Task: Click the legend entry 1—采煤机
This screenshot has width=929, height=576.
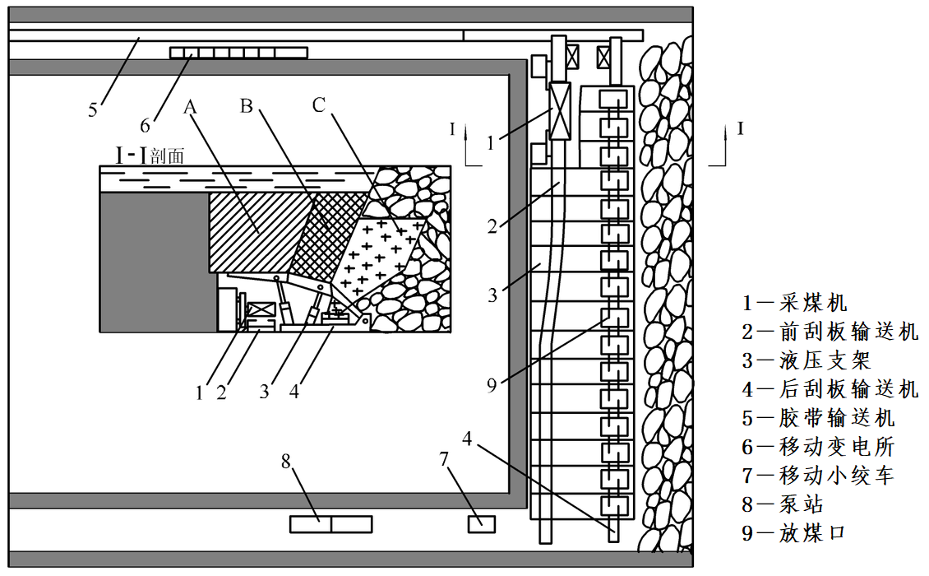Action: click(x=794, y=303)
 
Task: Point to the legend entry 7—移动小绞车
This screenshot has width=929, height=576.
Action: click(x=818, y=476)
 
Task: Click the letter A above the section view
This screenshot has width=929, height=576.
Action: click(x=191, y=107)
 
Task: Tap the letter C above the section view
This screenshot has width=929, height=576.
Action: click(x=319, y=105)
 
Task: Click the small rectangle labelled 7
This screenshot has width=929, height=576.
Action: click(x=482, y=523)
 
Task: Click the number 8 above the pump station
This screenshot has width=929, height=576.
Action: click(x=286, y=461)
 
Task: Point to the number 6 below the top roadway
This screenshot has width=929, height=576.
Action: click(x=145, y=125)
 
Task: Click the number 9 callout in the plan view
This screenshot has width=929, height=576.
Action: click(x=492, y=385)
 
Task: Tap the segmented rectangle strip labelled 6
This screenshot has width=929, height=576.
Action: click(x=238, y=53)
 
